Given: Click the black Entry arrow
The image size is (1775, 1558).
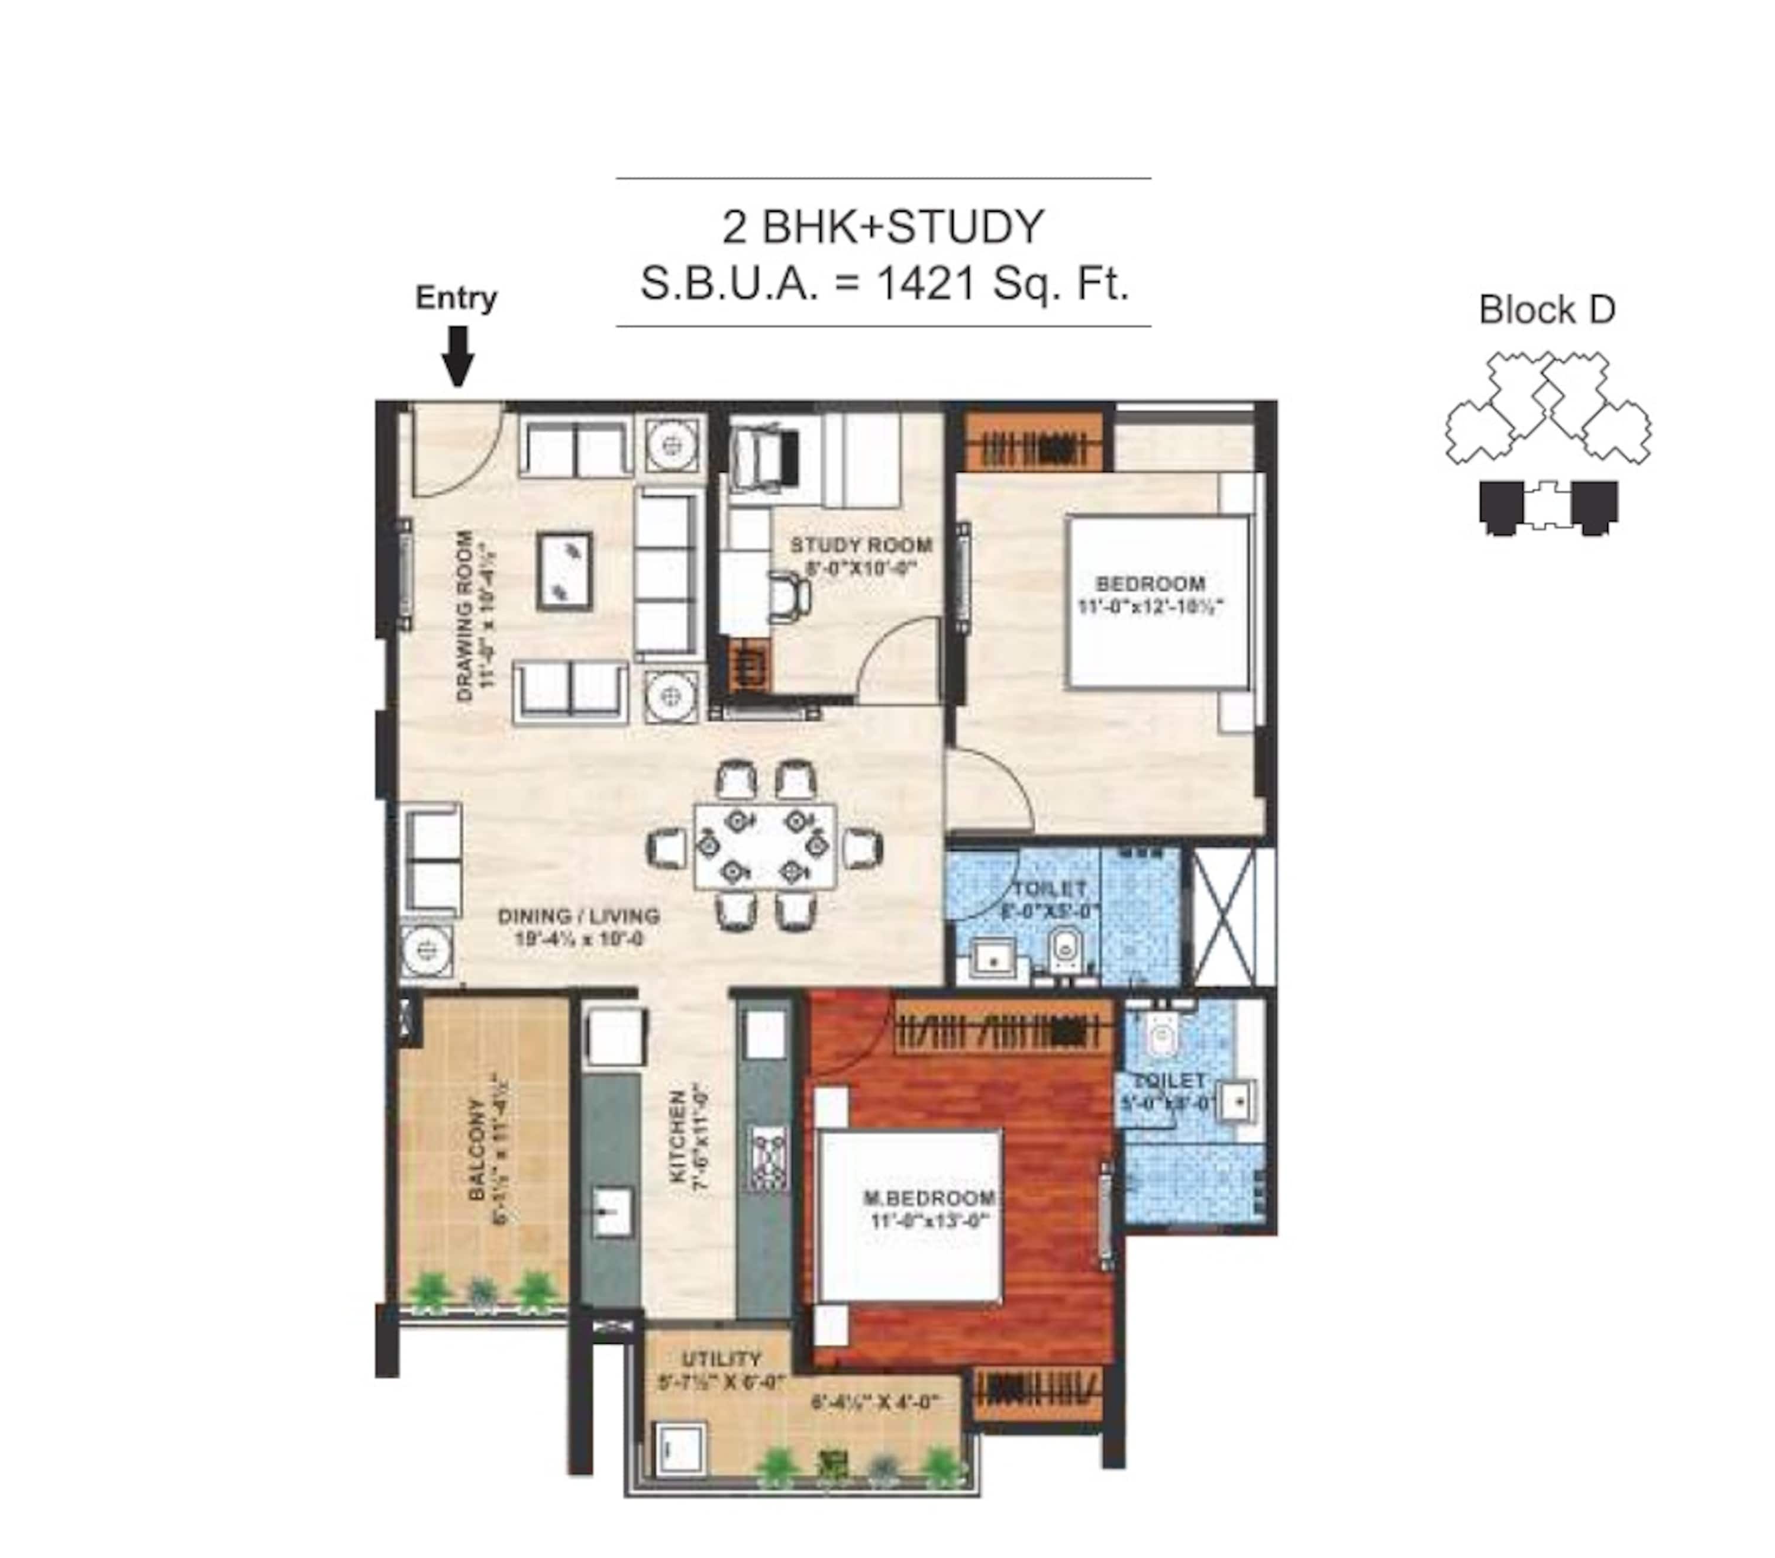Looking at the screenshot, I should (457, 355).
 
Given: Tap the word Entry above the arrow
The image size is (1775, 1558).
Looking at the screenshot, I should (456, 298).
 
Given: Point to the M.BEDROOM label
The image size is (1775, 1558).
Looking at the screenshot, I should (929, 1198).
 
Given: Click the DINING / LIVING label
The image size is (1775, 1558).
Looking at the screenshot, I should (577, 915).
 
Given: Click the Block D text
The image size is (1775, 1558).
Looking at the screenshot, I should (1547, 310).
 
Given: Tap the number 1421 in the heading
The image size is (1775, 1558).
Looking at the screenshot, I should (927, 283).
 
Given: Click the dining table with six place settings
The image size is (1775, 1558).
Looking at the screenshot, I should (764, 845).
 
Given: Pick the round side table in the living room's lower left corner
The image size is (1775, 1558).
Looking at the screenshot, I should (427, 950).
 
